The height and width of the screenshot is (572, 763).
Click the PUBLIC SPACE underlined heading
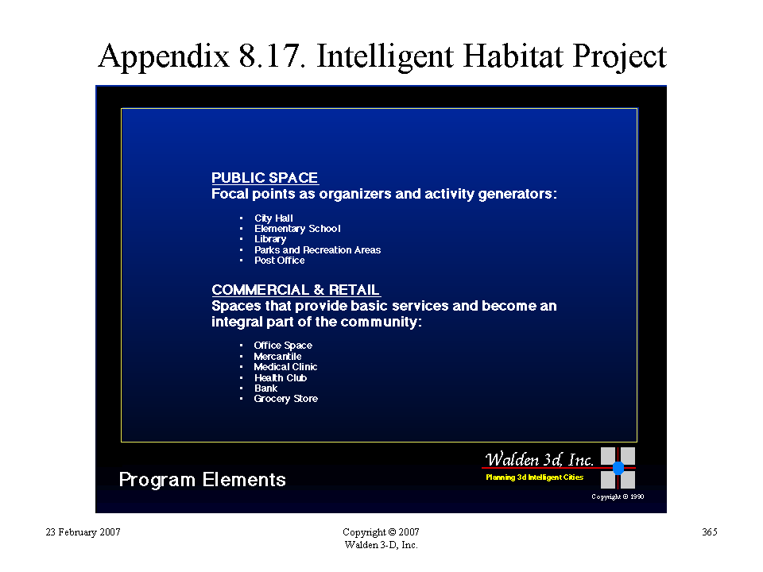[265, 177]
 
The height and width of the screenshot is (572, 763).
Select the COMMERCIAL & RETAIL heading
[296, 290]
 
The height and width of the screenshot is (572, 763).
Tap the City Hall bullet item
[273, 218]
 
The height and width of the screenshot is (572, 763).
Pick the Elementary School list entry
[297, 229]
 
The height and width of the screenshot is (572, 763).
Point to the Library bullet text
[270, 239]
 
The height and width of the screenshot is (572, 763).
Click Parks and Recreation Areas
[317, 250]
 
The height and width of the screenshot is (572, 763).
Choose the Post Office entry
[279, 261]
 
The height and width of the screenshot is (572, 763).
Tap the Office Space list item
[283, 346]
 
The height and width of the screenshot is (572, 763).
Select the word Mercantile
[277, 356]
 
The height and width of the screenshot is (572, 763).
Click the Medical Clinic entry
[285, 367]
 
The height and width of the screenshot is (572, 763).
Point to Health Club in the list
[281, 378]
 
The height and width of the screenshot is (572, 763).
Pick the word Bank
[265, 388]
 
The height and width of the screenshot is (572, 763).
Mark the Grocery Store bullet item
[285, 399]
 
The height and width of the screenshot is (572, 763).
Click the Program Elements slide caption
[203, 480]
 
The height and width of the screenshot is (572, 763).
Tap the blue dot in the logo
[618, 468]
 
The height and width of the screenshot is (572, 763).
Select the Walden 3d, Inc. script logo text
[539, 459]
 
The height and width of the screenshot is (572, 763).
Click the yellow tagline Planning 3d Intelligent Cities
[534, 477]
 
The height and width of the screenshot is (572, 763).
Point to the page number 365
[710, 531]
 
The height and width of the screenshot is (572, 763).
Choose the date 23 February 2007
[83, 532]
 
